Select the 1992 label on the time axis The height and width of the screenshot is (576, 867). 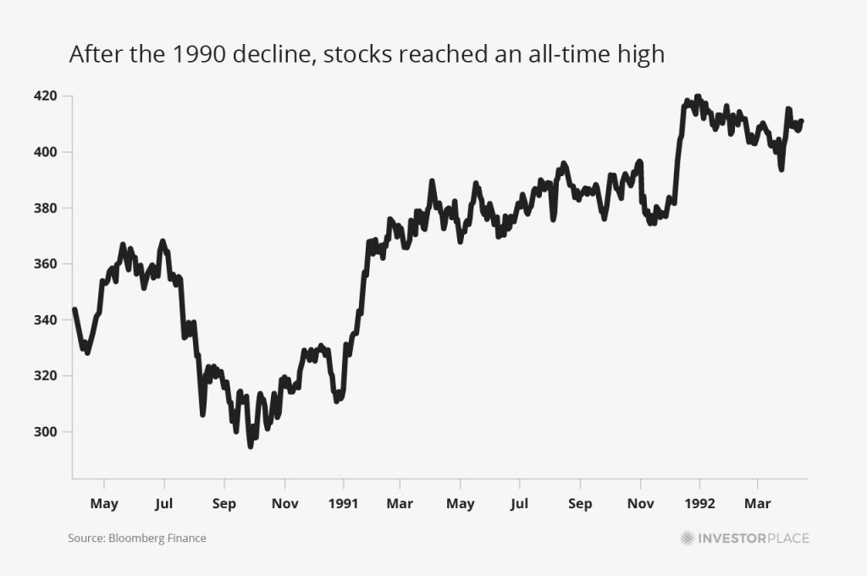(x=699, y=504)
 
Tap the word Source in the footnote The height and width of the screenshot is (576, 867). (x=83, y=538)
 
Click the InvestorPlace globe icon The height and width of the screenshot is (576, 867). (x=687, y=538)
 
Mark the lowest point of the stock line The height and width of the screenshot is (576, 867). (x=251, y=446)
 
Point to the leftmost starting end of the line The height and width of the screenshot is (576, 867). (x=75, y=309)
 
